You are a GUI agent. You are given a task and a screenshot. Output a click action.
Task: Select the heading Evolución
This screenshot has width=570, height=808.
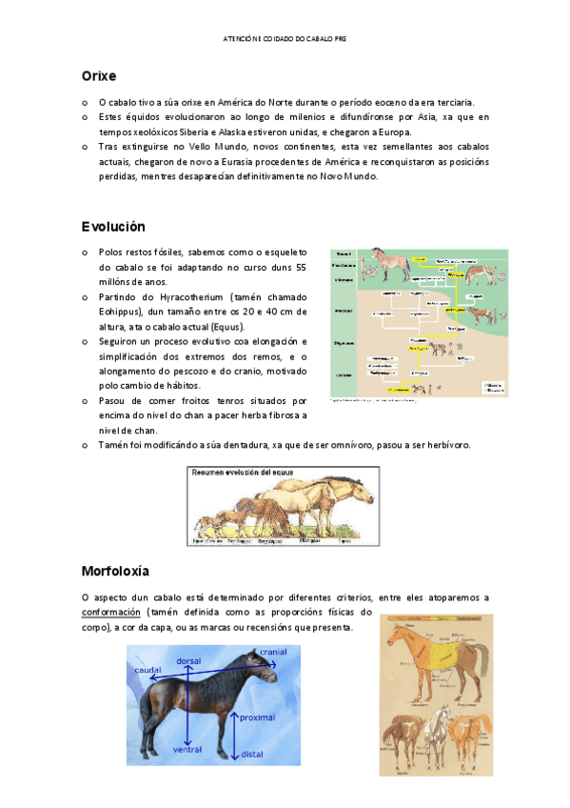[113, 227]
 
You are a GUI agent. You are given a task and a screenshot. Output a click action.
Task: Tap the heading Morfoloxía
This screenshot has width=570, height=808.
[116, 571]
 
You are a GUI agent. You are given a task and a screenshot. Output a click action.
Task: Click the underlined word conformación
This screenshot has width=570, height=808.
[111, 612]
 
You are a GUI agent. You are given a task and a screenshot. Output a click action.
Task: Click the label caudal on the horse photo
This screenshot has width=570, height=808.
[147, 670]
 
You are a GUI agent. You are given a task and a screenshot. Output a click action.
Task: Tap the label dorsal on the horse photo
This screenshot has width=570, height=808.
[188, 661]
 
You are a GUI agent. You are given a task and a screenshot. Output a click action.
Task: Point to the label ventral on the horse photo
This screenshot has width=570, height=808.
[188, 750]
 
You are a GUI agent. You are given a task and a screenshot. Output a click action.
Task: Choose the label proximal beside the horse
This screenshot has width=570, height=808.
[257, 717]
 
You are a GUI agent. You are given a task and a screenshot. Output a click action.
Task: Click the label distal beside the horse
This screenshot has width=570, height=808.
[251, 754]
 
